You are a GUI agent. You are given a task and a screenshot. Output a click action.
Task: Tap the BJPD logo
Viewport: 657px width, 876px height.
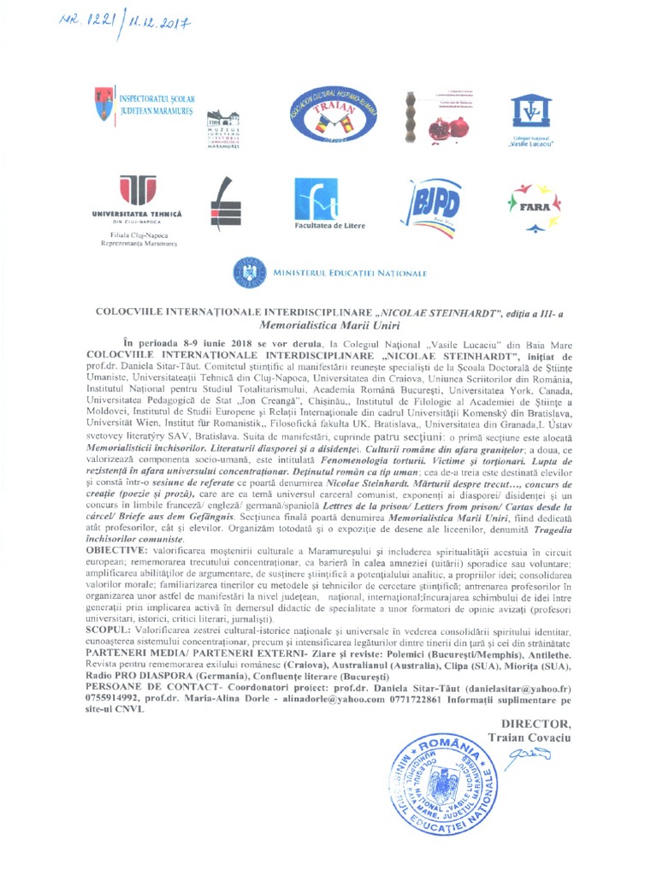[435, 204]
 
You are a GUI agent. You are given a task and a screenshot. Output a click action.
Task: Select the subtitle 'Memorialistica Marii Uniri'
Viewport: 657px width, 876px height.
[329, 325]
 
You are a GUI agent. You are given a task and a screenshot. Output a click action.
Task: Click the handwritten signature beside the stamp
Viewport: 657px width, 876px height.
[529, 755]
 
